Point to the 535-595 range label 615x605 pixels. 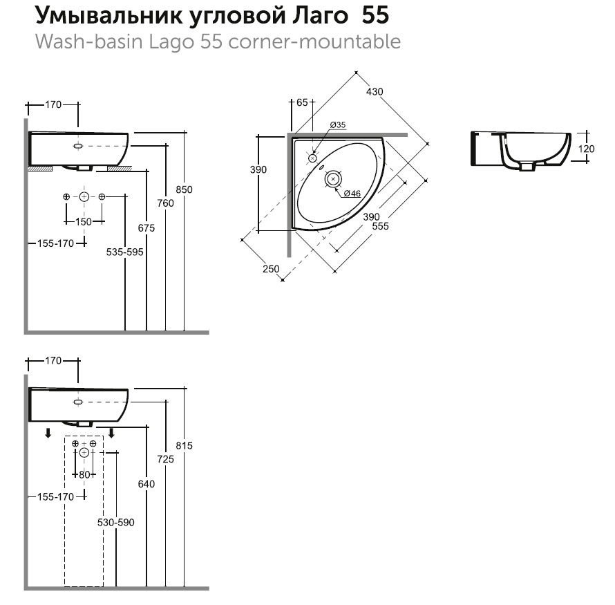(x=125, y=253)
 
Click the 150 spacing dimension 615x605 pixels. (x=84, y=221)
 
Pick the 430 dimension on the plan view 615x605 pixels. (x=375, y=91)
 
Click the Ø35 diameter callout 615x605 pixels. (x=338, y=124)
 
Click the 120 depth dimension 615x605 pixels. (x=587, y=149)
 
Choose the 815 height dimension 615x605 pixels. (x=184, y=446)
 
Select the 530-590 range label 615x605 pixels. (x=116, y=522)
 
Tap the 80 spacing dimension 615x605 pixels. (x=84, y=474)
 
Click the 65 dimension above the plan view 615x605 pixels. (x=301, y=102)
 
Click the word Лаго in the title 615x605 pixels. (x=320, y=15)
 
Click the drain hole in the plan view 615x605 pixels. (x=333, y=178)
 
